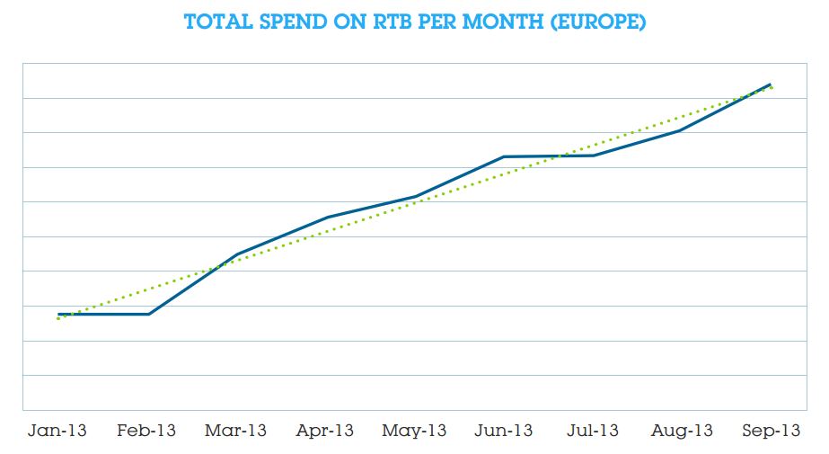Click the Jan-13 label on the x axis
58,431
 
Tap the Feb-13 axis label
147,431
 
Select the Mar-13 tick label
236,431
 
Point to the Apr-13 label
325,431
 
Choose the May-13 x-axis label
414,431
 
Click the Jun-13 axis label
504,431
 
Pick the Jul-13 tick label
593,431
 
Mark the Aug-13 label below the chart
682,431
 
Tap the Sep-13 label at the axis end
771,431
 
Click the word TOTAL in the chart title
216,22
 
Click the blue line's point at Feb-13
148,314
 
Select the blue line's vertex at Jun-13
504,156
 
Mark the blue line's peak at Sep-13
771,85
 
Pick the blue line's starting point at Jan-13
58,315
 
